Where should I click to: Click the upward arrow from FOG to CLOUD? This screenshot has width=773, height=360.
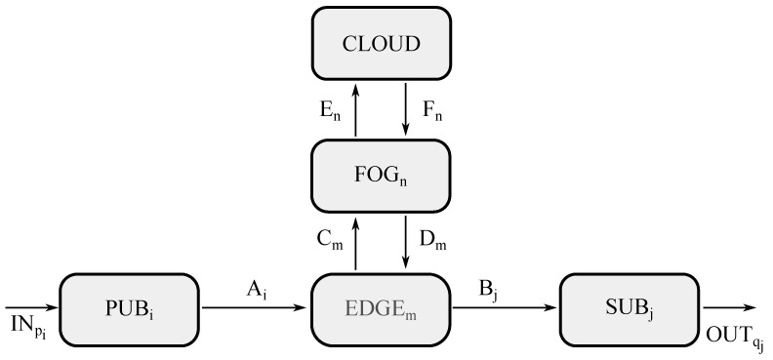pyautogui.click(x=355, y=109)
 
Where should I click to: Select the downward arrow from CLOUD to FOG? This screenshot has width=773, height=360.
pyautogui.click(x=405, y=109)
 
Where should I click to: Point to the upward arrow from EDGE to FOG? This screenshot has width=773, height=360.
pyautogui.click(x=355, y=242)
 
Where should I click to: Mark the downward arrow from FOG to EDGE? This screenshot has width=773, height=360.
pyautogui.click(x=405, y=242)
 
